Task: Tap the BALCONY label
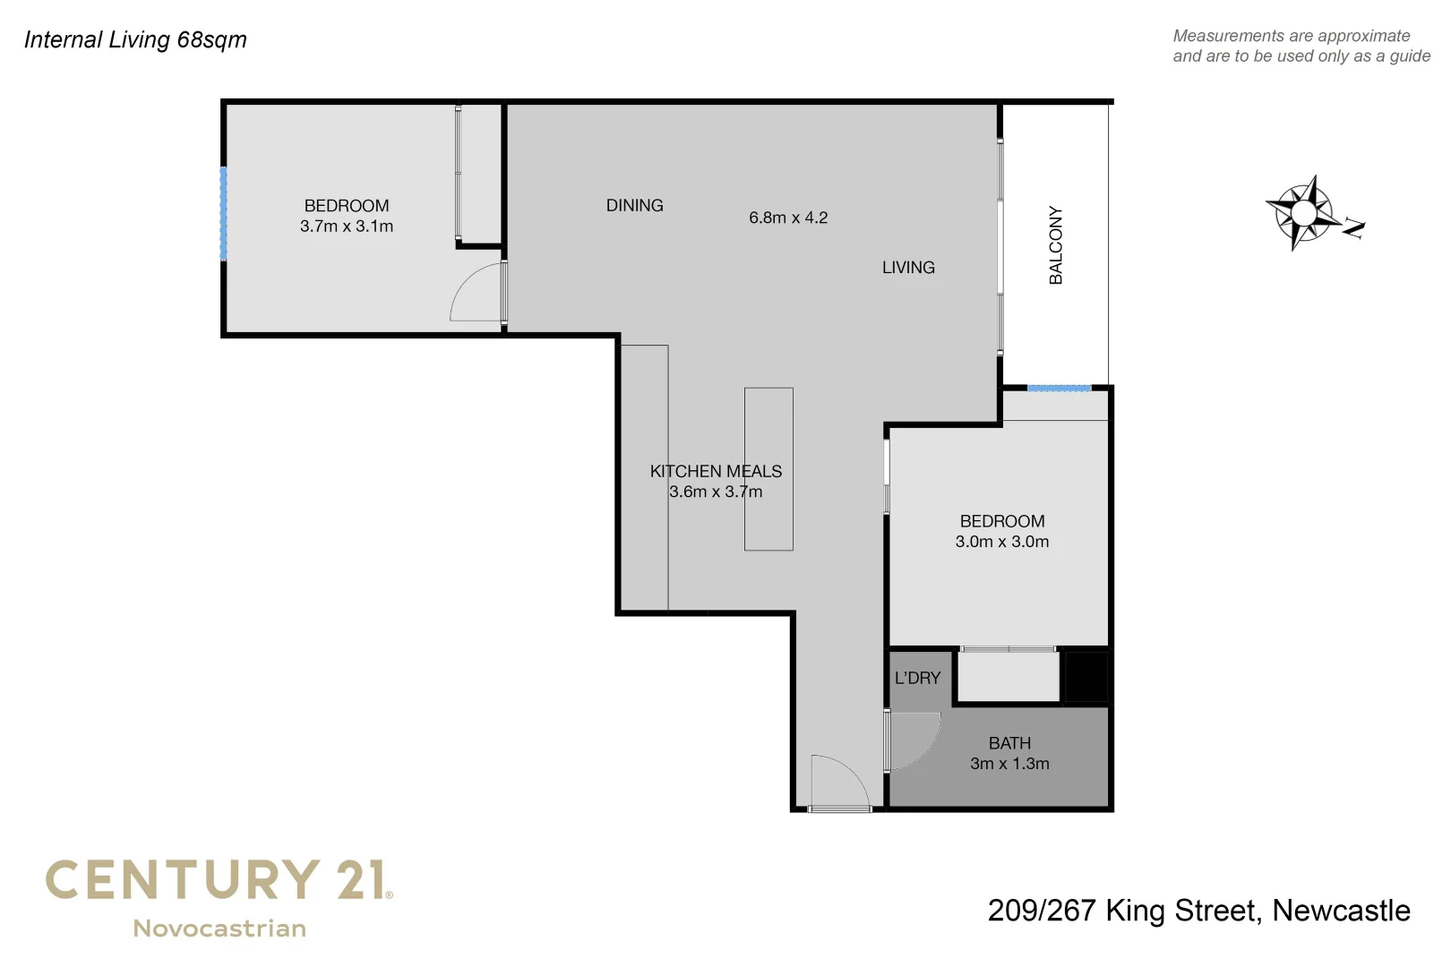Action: (1056, 245)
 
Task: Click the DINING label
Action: (634, 206)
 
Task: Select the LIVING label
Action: (908, 268)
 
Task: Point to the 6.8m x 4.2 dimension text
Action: (788, 218)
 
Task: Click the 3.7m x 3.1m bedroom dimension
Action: (347, 227)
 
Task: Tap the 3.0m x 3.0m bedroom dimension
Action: (1001, 542)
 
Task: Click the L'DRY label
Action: (917, 678)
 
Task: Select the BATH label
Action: (1009, 743)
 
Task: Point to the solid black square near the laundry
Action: (1086, 676)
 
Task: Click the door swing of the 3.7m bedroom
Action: (476, 293)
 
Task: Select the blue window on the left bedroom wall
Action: (223, 213)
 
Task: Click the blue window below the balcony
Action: (1058, 388)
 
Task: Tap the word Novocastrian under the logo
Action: (219, 928)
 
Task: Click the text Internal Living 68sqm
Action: (135, 39)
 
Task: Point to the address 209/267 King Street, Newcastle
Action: (1198, 911)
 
